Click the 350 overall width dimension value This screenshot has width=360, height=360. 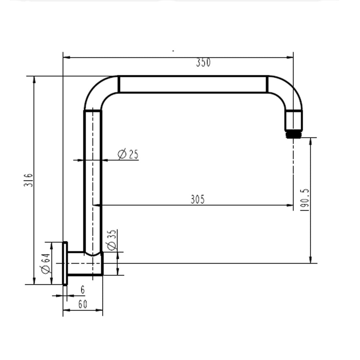pos(203,63)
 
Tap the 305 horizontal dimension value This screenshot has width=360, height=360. pos(198,199)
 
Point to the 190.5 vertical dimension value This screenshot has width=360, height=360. pos(305,201)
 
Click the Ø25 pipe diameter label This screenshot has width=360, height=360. pos(128,154)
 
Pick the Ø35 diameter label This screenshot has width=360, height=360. pos(112,240)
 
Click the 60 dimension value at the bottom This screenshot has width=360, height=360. pos(82,304)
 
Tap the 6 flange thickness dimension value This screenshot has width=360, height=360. pos(83,290)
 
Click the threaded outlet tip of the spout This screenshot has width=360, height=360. pos(294,135)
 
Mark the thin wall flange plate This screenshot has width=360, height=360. pos(65,263)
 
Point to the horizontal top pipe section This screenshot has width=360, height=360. pos(193,84)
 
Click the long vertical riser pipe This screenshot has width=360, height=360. pos(92,180)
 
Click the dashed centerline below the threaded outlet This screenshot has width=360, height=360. pos(293,167)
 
